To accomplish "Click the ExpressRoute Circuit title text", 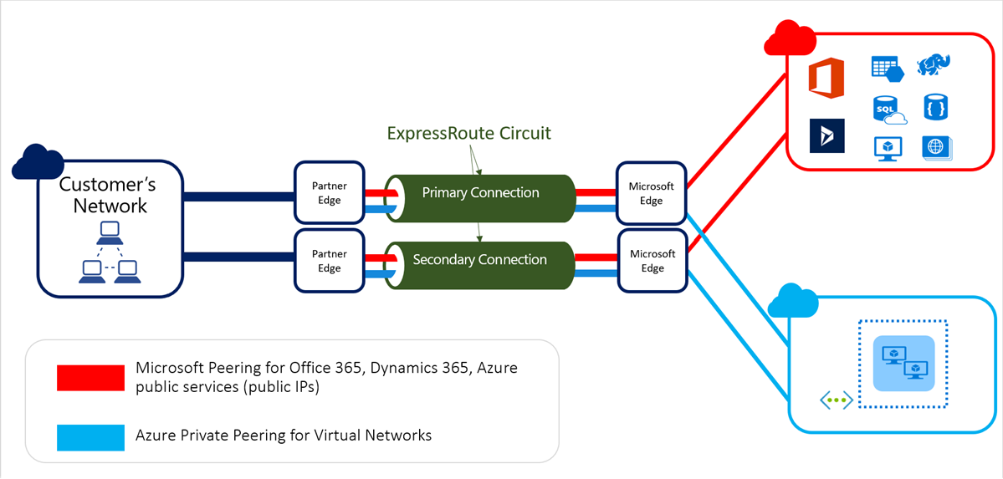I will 469,133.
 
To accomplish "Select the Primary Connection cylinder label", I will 480,193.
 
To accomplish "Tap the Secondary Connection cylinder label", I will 479,260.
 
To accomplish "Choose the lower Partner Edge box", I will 329,261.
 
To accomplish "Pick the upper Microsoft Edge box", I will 651,193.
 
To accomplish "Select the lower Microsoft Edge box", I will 652,261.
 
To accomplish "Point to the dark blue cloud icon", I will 38,162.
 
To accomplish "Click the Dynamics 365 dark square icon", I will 826,135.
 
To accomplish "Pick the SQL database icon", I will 888,109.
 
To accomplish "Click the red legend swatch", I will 90,377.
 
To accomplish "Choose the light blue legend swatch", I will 90,436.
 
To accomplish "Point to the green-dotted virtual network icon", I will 836,400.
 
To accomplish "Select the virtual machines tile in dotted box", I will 903,363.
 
